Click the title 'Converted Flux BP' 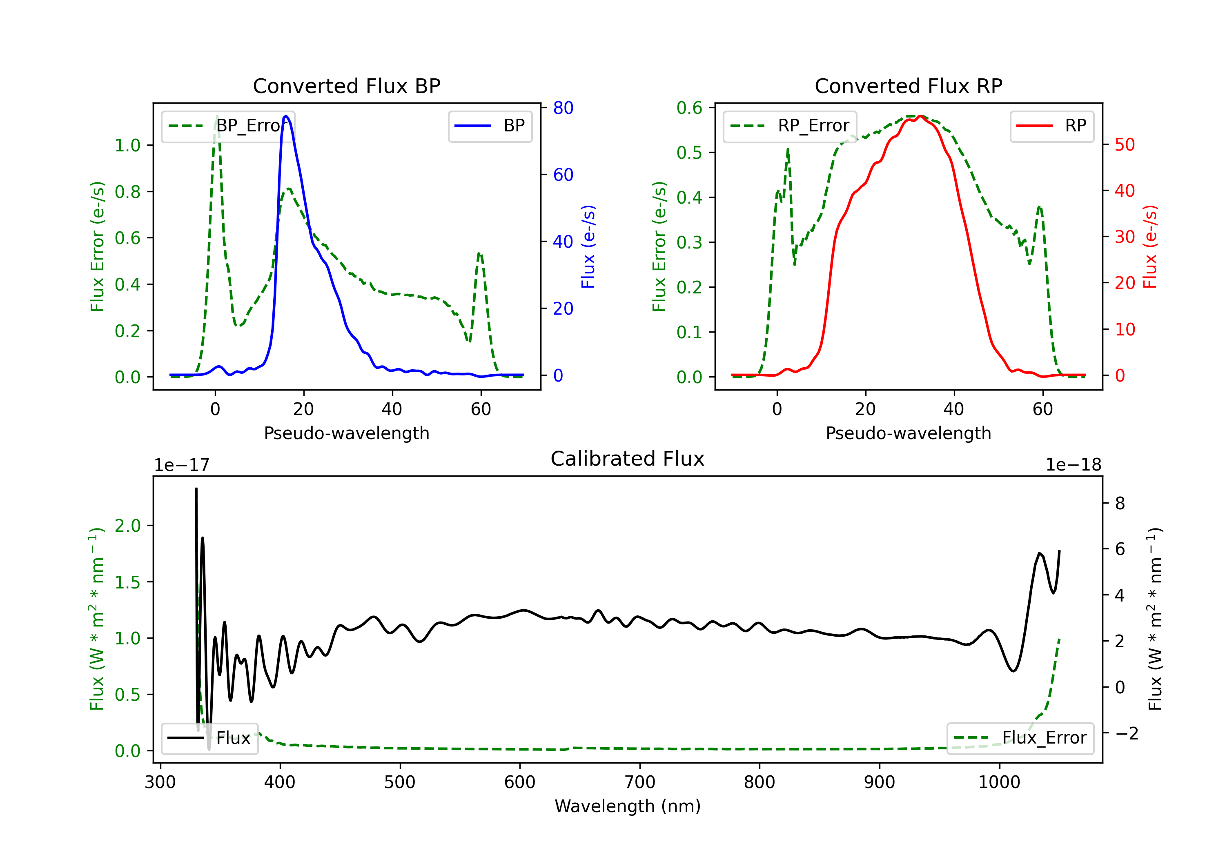tap(346, 86)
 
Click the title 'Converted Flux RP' tap(908, 86)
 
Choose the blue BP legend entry tap(490, 126)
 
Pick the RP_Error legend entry tap(790, 126)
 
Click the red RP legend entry tap(1051, 126)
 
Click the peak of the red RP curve tap(921, 116)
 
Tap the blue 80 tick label tap(563, 108)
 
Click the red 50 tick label tap(1125, 144)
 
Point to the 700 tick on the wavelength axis tap(640, 782)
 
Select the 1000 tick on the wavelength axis tap(999, 782)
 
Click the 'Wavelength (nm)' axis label tap(628, 806)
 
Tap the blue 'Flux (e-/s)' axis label tap(588, 246)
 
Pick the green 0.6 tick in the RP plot tap(689, 108)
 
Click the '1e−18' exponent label tap(1073, 465)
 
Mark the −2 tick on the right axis tap(1126, 733)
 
